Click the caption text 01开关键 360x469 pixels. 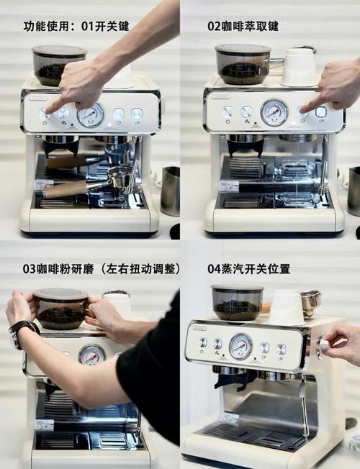point(105,26)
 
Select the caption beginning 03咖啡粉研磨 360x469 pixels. point(102,268)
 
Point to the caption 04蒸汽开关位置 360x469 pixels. point(248,268)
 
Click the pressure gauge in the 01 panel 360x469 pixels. point(90,114)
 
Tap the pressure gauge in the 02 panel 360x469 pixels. point(274,111)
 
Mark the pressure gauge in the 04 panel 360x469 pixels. point(240,345)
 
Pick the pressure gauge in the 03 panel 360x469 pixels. point(91,355)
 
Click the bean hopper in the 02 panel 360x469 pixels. point(243,65)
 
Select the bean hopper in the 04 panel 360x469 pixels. point(237,302)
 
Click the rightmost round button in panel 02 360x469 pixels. point(321,111)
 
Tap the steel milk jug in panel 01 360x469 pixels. point(170,191)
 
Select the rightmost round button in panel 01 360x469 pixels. point(136,114)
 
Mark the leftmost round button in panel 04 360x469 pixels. point(202,342)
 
